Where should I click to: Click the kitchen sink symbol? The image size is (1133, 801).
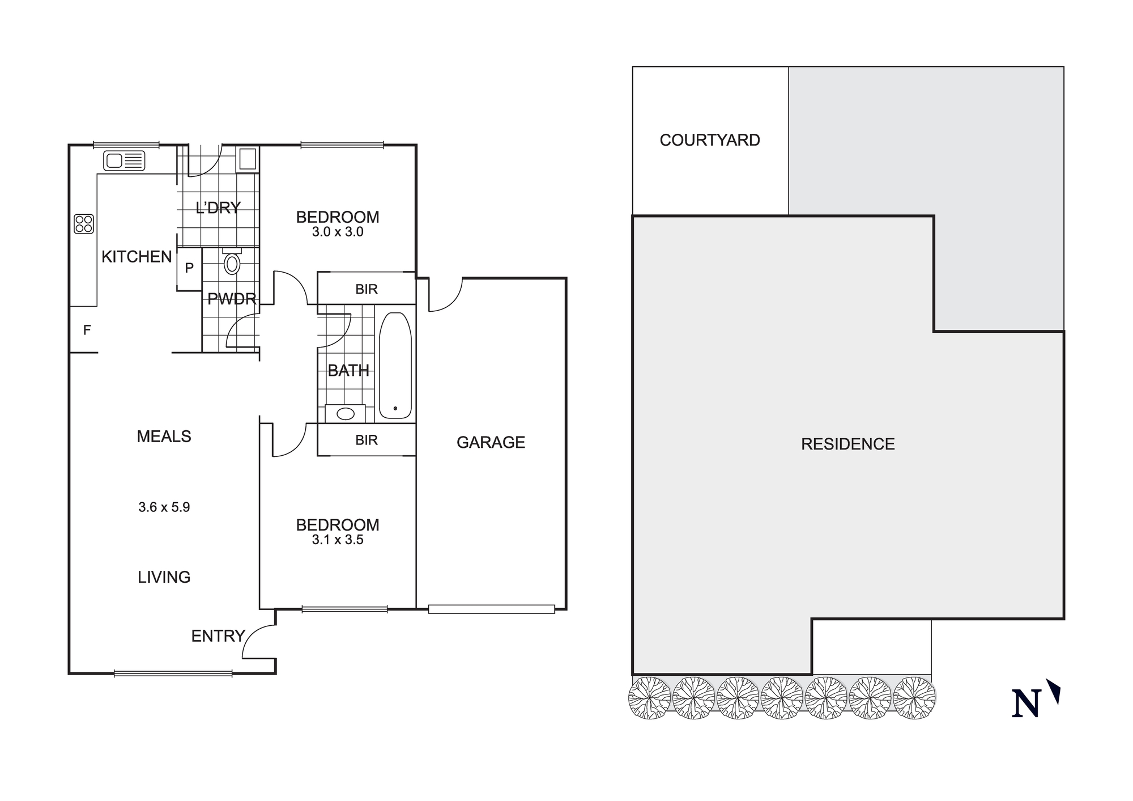[x=124, y=161]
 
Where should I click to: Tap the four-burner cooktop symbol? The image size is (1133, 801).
[x=84, y=224]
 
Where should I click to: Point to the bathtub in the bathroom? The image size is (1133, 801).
[x=395, y=366]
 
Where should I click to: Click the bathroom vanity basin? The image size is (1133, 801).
[x=346, y=413]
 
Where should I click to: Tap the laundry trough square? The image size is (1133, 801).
[x=248, y=159]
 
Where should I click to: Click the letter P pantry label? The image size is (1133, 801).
[x=189, y=268]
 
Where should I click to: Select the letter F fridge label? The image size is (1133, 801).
[x=87, y=330]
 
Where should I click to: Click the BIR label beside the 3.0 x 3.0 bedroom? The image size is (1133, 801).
[x=366, y=289]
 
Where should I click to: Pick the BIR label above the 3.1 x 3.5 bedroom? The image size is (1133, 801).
[x=366, y=440]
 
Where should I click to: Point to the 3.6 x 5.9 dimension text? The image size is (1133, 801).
[x=164, y=507]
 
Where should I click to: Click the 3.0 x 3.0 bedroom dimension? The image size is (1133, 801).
[x=338, y=232]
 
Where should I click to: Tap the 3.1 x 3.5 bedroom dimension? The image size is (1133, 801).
[x=338, y=540]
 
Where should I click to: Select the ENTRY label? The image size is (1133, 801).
[x=218, y=636]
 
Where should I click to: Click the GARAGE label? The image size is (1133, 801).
[x=491, y=442]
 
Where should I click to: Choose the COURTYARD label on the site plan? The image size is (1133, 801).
[x=710, y=140]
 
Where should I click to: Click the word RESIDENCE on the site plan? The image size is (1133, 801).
[x=848, y=444]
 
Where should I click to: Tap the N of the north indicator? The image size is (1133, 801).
[x=1026, y=703]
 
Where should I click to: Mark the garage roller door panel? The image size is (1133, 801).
[x=491, y=609]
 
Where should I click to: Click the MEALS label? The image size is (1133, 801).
[x=164, y=436]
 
